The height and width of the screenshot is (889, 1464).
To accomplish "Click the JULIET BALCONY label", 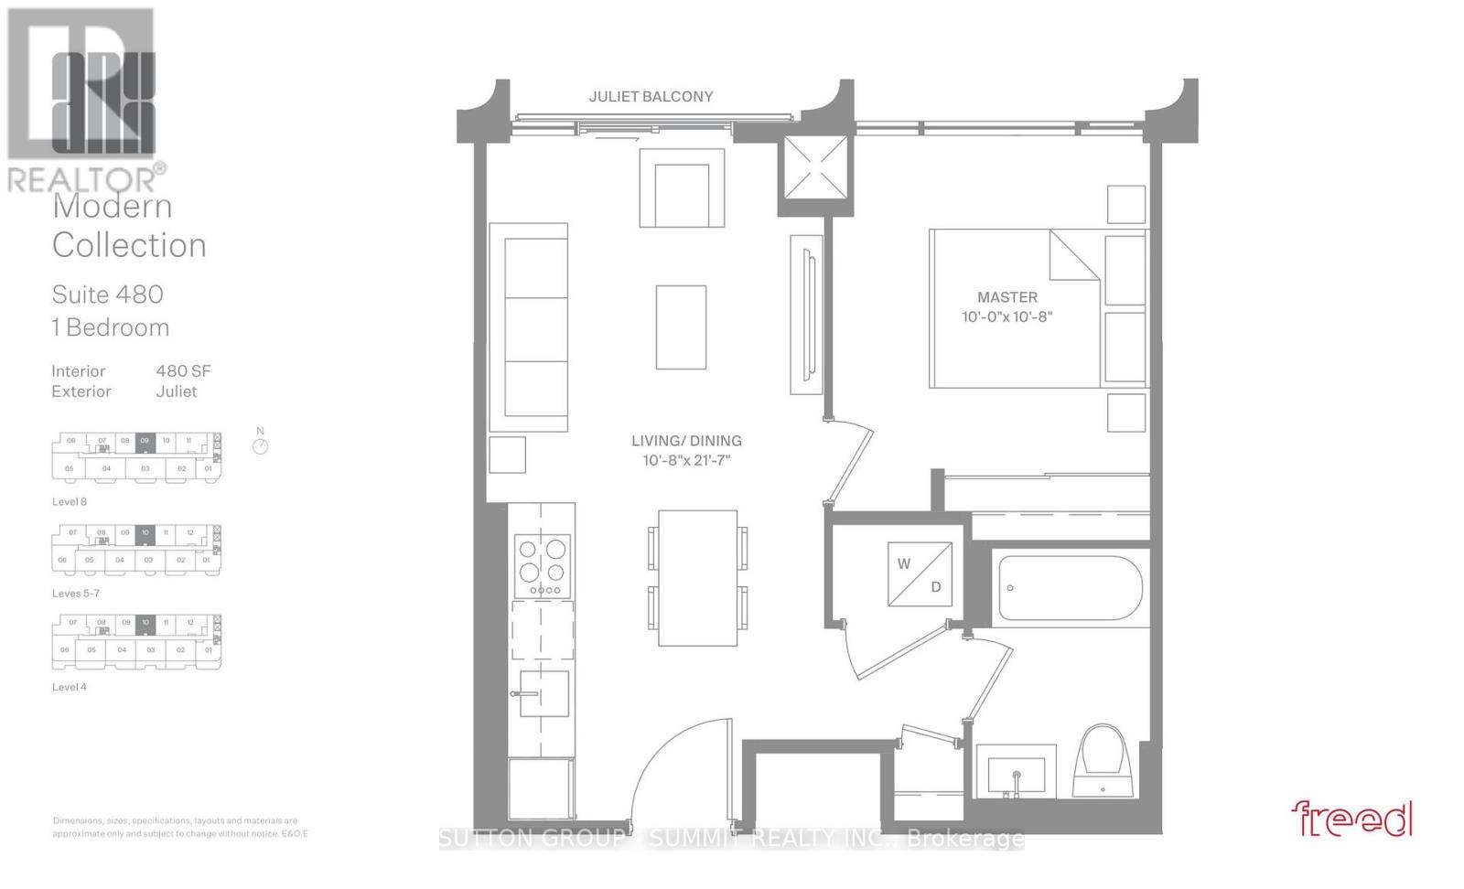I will (x=651, y=96).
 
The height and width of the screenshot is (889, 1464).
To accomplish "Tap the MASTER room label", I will (x=1006, y=297).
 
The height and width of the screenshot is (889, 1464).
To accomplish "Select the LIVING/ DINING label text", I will (x=686, y=441).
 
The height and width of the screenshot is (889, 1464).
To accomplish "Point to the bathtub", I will (x=1067, y=588).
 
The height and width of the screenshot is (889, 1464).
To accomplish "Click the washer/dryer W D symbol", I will (x=920, y=574).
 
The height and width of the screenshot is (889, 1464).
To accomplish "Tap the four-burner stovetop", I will (x=543, y=566).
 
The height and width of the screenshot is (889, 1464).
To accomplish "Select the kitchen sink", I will (x=543, y=693).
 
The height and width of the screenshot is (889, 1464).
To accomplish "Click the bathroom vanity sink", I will (x=1016, y=770).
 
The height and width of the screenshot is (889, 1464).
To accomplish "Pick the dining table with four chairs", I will (x=697, y=578).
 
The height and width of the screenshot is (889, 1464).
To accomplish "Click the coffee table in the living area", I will (x=681, y=327).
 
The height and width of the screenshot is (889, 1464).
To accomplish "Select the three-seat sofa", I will (x=528, y=327).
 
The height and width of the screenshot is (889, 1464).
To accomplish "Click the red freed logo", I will (x=1351, y=819).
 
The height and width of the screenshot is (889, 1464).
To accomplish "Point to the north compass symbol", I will (x=261, y=445).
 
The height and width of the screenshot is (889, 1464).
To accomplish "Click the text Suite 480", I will (x=107, y=295).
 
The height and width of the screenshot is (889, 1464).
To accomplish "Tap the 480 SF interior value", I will (x=183, y=370).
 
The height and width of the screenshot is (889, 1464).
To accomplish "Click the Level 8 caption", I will (x=70, y=501).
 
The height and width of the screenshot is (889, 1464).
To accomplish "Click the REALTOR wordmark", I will (x=82, y=179).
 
